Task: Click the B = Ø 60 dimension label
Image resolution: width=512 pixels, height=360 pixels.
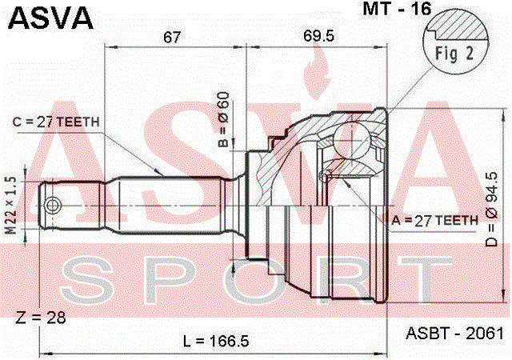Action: [x=225, y=120]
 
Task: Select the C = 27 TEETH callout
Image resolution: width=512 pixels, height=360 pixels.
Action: [x=56, y=121]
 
